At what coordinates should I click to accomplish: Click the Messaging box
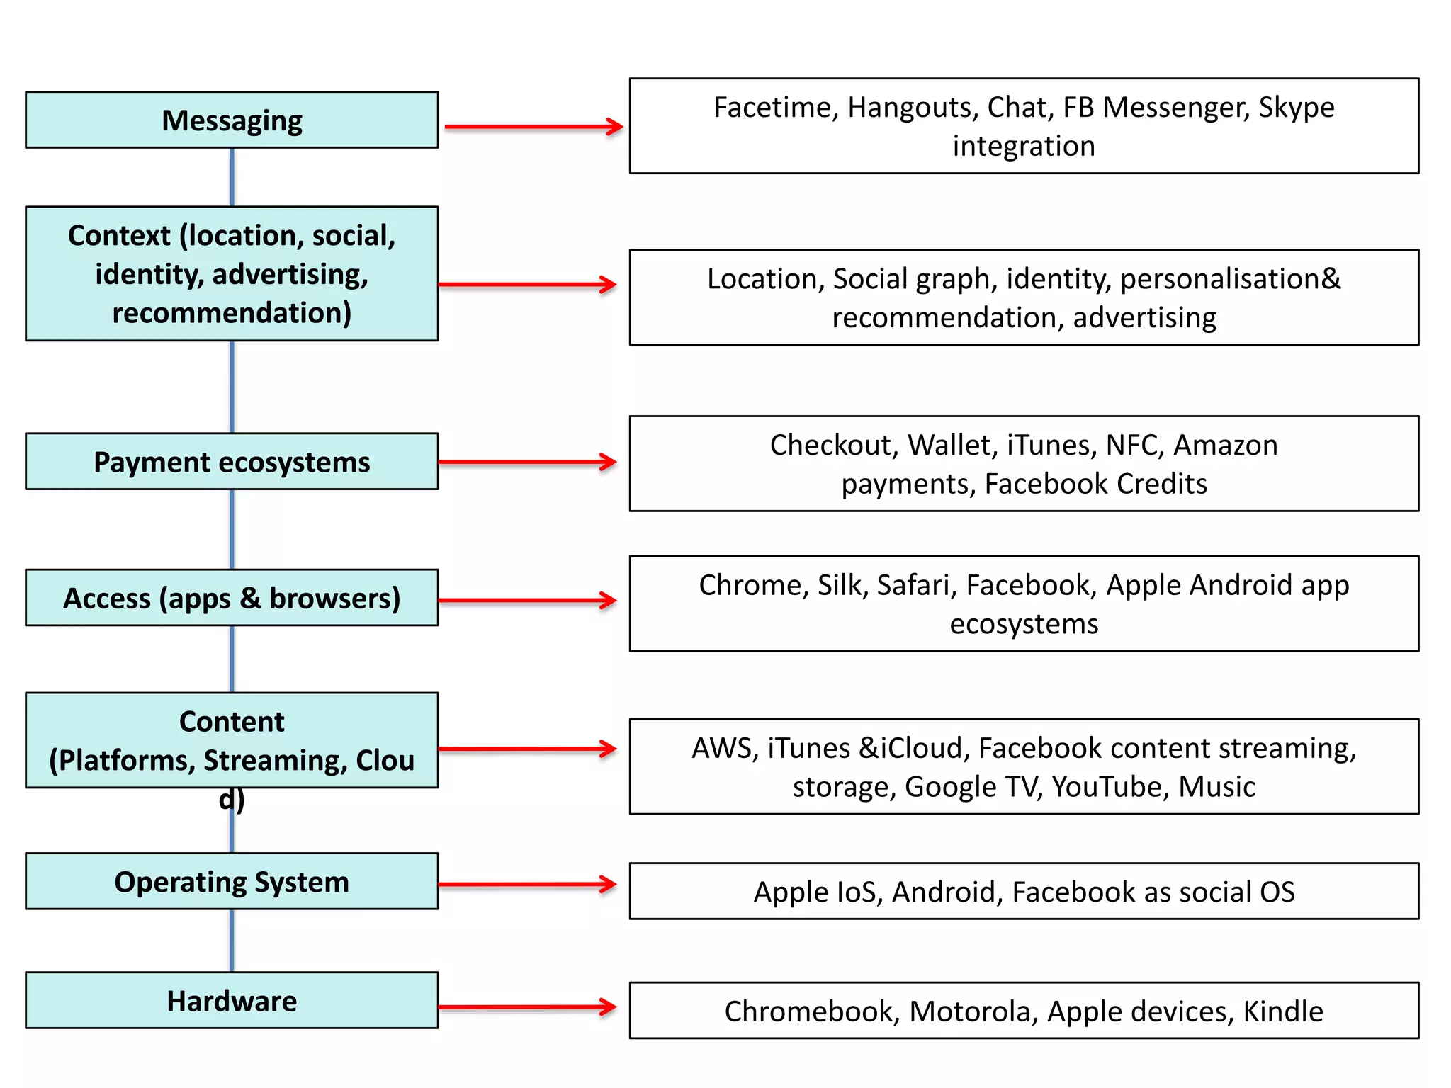[232, 120]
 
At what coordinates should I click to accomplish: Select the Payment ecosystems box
[232, 461]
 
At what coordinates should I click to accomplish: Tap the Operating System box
[232, 881]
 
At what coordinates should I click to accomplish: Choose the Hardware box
[232, 1000]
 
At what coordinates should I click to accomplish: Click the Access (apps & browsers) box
[232, 598]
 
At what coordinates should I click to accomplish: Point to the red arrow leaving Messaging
[533, 127]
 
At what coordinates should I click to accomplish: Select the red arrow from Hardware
[527, 1007]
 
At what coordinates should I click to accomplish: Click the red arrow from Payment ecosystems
[527, 462]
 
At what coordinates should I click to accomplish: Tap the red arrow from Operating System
[527, 884]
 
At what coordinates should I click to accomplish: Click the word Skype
[1296, 108]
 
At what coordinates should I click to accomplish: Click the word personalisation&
[1231, 279]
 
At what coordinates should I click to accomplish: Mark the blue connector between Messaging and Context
[232, 177]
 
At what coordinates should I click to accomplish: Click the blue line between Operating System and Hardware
[232, 941]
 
